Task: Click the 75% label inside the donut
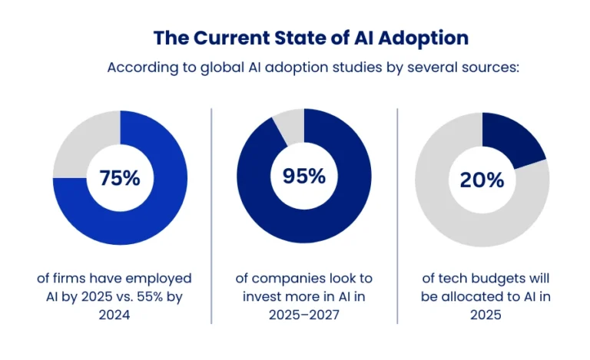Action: [x=119, y=178]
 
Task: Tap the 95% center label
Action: [x=303, y=176]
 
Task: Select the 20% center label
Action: [x=482, y=180]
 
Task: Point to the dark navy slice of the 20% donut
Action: [x=511, y=143]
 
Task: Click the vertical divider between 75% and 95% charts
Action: [x=211, y=215]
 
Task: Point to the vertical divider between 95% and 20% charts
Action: [x=397, y=215]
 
